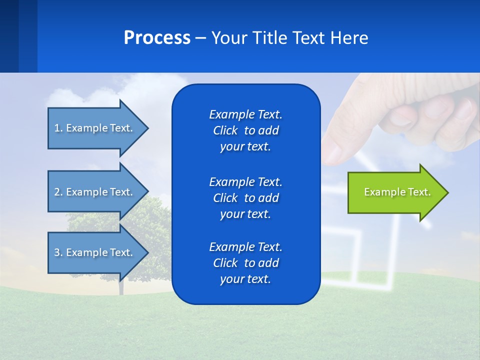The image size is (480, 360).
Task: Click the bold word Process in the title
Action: pos(157,38)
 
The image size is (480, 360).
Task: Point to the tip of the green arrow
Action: pos(447,192)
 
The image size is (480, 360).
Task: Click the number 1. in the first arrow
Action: pos(58,128)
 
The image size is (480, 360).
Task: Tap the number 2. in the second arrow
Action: pos(58,192)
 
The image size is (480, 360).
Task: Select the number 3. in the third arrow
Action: pos(58,252)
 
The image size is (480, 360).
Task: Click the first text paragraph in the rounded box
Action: pos(245,130)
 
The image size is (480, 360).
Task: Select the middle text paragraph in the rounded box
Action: pos(245,198)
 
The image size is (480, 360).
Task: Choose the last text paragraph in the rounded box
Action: pos(245,263)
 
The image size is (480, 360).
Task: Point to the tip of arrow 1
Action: pos(148,128)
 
